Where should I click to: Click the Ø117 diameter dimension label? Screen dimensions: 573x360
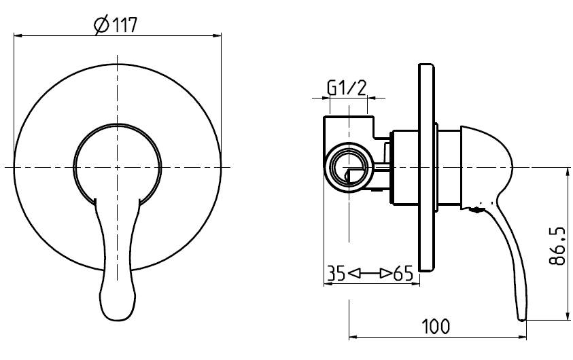click(x=116, y=25)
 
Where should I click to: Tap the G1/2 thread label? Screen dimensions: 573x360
click(x=347, y=88)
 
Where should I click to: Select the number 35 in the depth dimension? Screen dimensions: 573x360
click(x=336, y=273)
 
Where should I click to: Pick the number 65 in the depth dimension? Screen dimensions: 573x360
click(x=404, y=273)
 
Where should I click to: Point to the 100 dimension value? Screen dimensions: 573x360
click(x=436, y=327)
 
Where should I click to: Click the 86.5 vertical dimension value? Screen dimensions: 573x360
click(x=557, y=246)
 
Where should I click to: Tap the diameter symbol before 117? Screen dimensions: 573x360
click(x=101, y=25)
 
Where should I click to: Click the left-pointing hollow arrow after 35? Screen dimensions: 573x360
click(x=354, y=273)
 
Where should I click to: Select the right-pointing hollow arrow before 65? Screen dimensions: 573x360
click(x=385, y=273)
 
